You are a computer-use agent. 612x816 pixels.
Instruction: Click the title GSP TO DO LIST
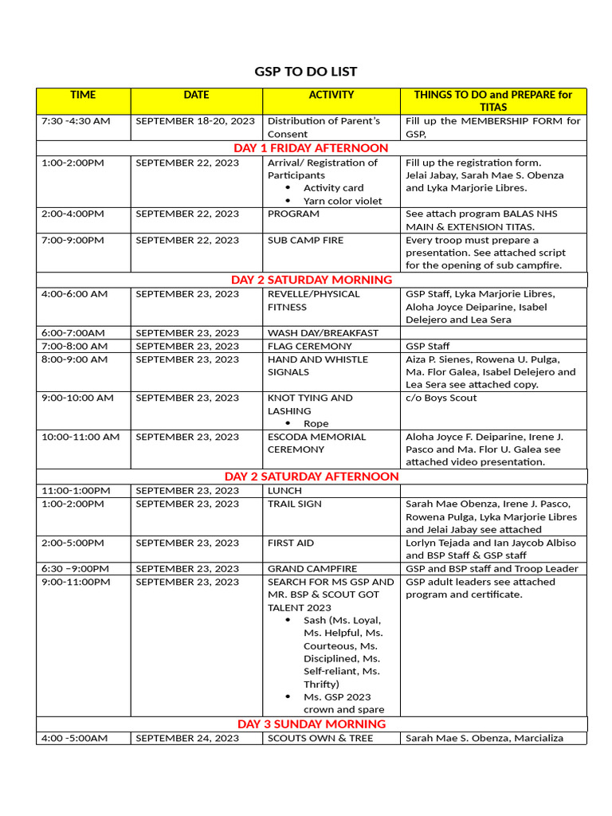(306, 72)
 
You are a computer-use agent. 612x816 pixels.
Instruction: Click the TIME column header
(83, 95)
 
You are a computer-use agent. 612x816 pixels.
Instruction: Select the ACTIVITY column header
(331, 95)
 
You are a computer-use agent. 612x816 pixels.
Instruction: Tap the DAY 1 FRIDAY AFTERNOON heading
(311, 148)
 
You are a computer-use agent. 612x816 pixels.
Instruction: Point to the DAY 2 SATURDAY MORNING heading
(311, 280)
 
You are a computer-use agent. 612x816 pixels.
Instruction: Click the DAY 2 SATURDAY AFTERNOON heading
(311, 477)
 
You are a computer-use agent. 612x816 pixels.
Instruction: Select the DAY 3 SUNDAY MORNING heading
(311, 724)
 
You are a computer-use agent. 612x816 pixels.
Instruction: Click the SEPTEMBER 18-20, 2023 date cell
(195, 121)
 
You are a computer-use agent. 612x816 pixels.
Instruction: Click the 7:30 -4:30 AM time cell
(76, 121)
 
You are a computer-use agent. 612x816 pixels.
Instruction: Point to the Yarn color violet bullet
(343, 201)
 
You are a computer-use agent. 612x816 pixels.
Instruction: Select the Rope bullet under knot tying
(316, 423)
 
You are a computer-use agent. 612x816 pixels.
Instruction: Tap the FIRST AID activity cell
(291, 543)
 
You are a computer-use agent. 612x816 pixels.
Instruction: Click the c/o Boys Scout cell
(441, 398)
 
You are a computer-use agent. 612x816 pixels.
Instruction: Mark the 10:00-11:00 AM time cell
(80, 437)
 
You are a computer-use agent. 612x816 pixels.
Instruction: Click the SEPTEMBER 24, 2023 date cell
(187, 738)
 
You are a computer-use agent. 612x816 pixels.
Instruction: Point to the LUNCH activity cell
(284, 490)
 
